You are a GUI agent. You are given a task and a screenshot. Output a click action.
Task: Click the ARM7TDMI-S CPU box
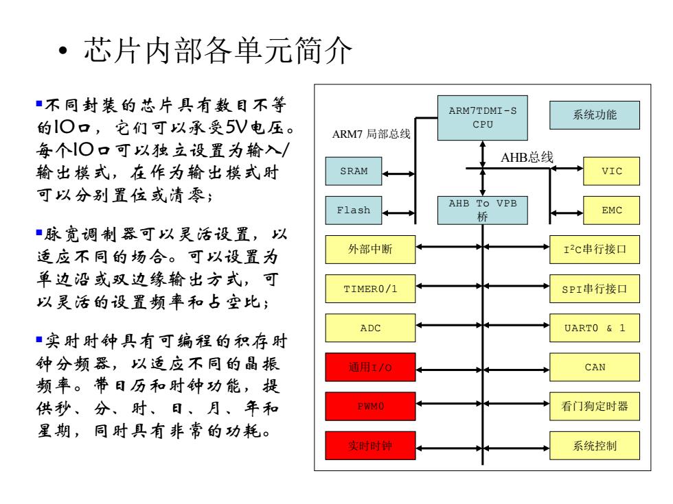(482, 118)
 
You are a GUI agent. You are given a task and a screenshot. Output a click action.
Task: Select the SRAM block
(354, 171)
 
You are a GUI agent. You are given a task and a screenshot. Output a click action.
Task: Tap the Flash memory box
(354, 211)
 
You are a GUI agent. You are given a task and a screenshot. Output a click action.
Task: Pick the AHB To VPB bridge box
(482, 211)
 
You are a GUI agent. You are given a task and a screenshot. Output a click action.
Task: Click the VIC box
(612, 171)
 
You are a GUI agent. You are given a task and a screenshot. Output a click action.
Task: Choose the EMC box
(612, 211)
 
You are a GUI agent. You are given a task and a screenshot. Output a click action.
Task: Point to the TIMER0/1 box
(370, 289)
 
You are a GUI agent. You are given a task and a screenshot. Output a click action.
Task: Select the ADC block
(370, 328)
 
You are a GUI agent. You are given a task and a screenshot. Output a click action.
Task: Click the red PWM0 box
(370, 406)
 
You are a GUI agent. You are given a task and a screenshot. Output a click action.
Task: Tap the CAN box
(595, 368)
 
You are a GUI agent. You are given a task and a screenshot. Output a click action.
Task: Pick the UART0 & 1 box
(595, 328)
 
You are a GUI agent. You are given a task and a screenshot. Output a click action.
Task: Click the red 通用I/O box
(370, 368)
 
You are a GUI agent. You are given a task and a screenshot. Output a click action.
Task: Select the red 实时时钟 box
(370, 446)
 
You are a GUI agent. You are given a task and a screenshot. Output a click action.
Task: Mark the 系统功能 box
(595, 115)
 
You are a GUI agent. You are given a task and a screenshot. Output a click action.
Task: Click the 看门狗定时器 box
(595, 406)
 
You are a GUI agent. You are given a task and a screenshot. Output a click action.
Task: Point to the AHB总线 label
(527, 157)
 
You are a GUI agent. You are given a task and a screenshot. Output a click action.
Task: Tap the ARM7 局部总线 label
(372, 134)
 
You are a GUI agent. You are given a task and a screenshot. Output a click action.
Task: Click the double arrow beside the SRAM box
(399, 174)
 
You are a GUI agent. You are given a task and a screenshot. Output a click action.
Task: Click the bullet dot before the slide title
(63, 51)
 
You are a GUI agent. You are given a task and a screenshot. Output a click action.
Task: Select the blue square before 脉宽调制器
(39, 232)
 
